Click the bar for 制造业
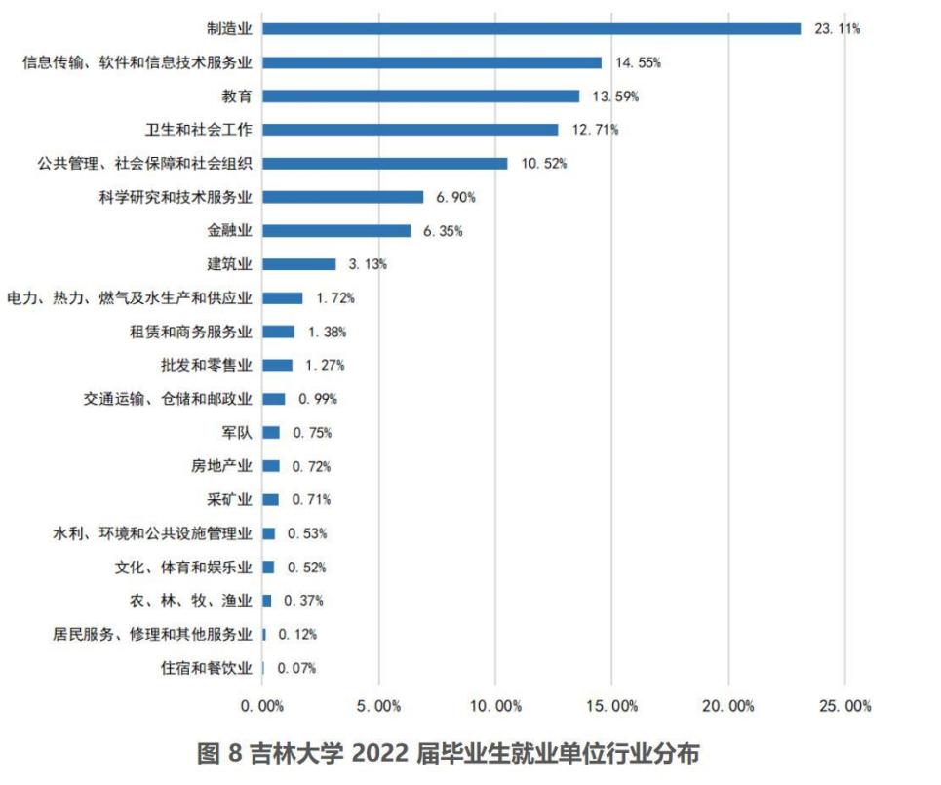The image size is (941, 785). pyautogui.click(x=531, y=28)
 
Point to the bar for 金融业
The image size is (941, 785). pyautogui.click(x=336, y=231)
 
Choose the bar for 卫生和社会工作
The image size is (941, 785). pyautogui.click(x=411, y=130)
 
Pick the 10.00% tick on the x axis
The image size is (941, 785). pyautogui.click(x=495, y=705)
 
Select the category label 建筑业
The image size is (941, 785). pyautogui.click(x=229, y=264)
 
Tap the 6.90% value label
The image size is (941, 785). pyautogui.click(x=455, y=197)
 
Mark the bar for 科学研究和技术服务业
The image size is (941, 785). pyautogui.click(x=343, y=197)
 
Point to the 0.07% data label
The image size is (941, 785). pyautogui.click(x=296, y=668)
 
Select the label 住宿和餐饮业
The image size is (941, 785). pyautogui.click(x=206, y=668)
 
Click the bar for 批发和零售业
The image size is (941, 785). pyautogui.click(x=278, y=365)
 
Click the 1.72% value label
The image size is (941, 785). pyautogui.click(x=334, y=298)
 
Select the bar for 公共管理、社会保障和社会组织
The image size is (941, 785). pyautogui.click(x=385, y=163)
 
